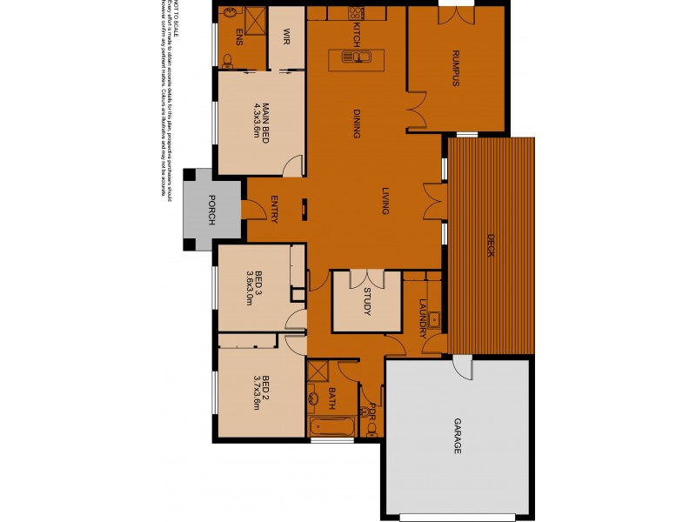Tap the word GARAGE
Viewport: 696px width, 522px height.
(x=457, y=436)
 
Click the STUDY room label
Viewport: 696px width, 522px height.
(x=367, y=301)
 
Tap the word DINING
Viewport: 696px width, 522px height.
(x=357, y=124)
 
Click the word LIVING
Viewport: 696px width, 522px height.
(x=384, y=201)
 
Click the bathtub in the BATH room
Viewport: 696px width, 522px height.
(x=331, y=428)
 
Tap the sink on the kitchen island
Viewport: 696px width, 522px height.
(x=357, y=58)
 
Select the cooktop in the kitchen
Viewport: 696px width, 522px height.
(x=357, y=14)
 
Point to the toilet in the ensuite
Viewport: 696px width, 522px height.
(x=228, y=61)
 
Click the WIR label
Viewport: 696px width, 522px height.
(x=285, y=37)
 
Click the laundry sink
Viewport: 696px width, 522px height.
(x=434, y=320)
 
